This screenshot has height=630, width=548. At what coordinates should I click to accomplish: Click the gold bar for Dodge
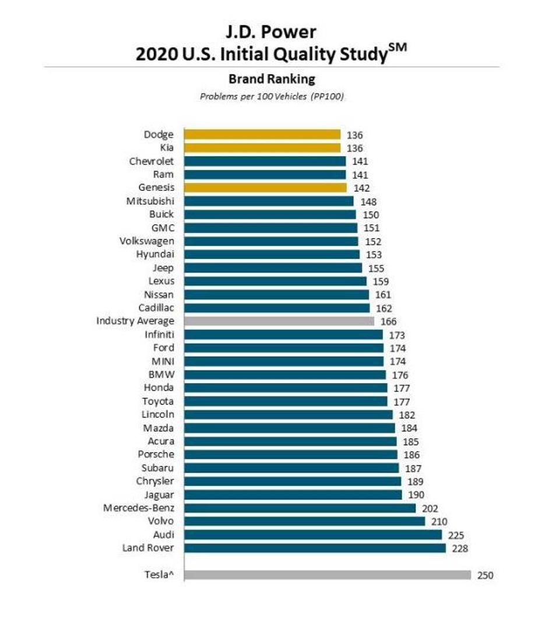262,135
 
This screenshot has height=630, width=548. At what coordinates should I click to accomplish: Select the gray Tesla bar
327,575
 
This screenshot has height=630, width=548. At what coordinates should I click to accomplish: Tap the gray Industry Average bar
279,321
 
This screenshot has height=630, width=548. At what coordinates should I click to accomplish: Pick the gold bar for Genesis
265,187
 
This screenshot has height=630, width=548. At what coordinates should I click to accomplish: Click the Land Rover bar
315,548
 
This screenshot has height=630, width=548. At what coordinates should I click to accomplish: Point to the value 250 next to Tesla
485,575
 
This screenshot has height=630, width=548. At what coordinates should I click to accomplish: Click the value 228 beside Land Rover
460,548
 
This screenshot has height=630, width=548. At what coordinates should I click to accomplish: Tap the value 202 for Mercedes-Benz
430,508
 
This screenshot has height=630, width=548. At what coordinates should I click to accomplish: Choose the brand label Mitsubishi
150,201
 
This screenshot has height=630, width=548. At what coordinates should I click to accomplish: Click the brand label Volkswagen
146,241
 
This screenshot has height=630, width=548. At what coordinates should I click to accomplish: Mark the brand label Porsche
156,454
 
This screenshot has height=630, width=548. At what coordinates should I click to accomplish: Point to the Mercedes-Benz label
139,508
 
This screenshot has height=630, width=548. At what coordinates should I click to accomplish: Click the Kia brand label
166,148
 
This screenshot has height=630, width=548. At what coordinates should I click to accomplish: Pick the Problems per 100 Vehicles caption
272,96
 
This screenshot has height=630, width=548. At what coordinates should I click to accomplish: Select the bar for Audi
314,535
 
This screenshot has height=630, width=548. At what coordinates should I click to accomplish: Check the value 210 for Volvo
438,522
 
